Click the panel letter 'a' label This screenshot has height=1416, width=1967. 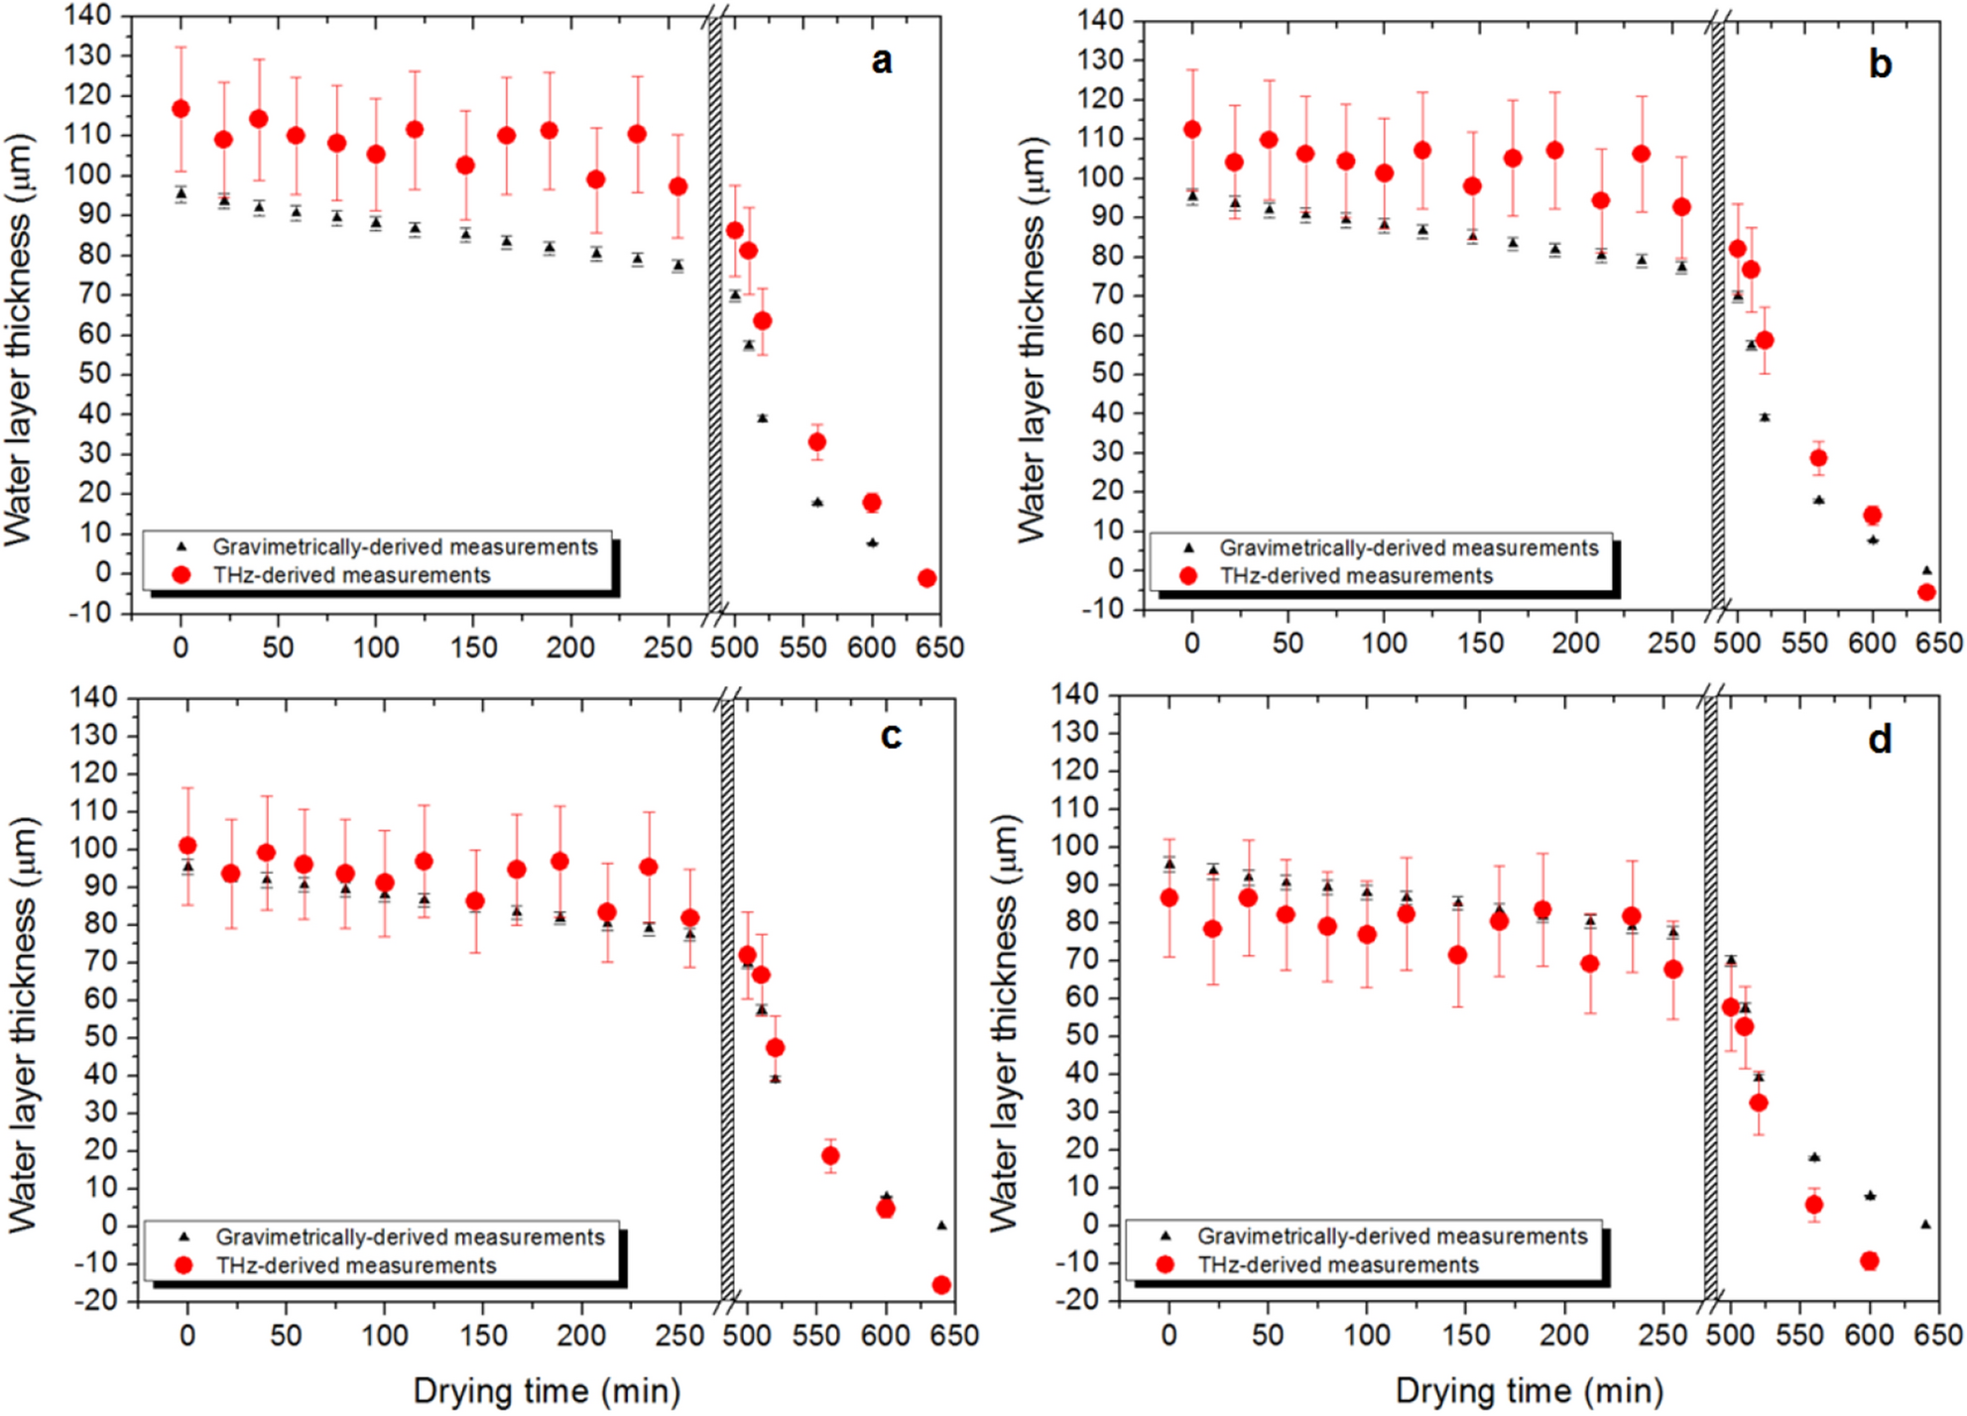[881, 61]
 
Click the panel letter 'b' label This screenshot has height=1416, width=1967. [1880, 64]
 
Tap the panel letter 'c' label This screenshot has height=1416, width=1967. [891, 736]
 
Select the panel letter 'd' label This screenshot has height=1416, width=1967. [1880, 740]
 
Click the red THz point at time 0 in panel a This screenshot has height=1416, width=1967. [181, 109]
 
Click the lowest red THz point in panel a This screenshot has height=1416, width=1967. [926, 578]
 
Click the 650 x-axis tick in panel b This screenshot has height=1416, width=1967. [1938, 644]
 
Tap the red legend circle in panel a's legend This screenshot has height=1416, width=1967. [182, 575]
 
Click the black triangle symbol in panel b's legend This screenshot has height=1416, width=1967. [1188, 547]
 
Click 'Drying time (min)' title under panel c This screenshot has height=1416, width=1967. [547, 1391]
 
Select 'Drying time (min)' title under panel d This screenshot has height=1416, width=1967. [1529, 1391]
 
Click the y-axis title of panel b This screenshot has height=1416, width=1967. [1032, 339]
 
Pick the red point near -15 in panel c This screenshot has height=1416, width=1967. [941, 1285]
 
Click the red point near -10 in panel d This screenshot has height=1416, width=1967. [1870, 1261]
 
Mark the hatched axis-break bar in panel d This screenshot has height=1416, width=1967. [1710, 997]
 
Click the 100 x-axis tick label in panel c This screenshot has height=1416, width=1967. [384, 1336]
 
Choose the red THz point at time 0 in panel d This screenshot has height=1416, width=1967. [1169, 897]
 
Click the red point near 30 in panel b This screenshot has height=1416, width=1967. [1818, 458]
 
